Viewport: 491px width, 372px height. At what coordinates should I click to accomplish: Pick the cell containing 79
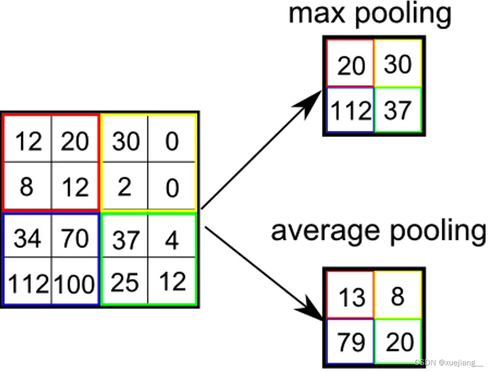point(351,342)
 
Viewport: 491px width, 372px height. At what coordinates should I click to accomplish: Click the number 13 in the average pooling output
point(351,297)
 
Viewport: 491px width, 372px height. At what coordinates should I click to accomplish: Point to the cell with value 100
point(75,284)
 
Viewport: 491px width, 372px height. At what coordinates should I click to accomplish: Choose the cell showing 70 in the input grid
point(75,238)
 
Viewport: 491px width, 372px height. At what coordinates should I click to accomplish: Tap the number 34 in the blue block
point(27,238)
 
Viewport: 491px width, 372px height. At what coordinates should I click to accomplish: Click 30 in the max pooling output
point(397,64)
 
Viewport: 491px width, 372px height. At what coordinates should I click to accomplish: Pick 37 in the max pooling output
point(397,110)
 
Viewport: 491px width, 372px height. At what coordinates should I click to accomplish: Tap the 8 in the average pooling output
point(397,296)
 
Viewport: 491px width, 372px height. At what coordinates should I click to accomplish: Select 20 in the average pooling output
point(398,342)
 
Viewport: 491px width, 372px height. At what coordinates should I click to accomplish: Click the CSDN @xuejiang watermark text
point(449,363)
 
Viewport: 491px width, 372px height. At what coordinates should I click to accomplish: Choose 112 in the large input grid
point(27,284)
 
